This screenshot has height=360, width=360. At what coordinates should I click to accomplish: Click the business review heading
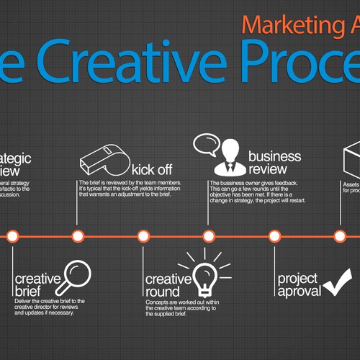coord(274,164)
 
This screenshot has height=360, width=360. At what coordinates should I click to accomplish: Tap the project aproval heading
coord(299,284)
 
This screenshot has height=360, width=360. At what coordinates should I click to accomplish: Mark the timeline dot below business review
coord(209,235)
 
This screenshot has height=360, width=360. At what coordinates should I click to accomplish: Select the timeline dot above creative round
coord(143,235)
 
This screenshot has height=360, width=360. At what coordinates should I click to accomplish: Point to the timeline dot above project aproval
coord(274,235)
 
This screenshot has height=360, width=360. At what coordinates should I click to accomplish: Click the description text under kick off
coord(130,192)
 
